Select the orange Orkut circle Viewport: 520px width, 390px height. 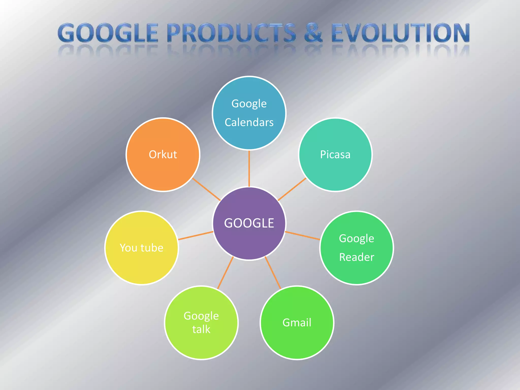163,168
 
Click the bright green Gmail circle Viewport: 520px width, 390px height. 297,338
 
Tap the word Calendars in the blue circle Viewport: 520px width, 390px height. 249,122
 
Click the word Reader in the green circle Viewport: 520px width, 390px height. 356,257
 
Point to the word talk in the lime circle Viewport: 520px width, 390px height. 201,330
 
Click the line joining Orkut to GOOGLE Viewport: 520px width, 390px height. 206,189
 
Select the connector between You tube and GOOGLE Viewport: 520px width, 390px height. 196,236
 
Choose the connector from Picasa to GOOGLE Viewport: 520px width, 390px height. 292,189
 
